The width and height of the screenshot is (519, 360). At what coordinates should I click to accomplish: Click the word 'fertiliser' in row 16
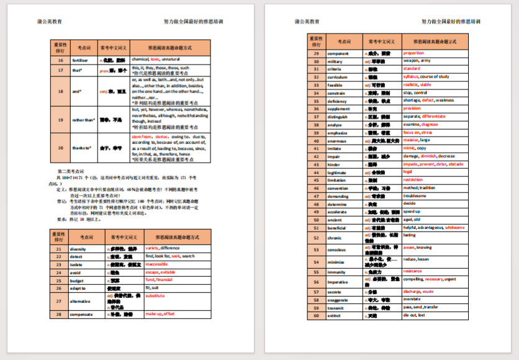point(80,60)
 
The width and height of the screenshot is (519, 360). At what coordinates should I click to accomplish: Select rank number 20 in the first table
point(60,148)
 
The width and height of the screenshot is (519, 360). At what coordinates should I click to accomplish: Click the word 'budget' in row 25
point(77,280)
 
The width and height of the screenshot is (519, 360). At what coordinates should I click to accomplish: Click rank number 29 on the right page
point(316,53)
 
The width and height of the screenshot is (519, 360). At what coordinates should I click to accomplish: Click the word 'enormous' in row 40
point(337,140)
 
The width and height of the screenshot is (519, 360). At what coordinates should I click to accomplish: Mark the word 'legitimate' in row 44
point(338,172)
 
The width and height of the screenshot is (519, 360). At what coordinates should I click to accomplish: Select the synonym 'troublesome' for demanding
point(415,196)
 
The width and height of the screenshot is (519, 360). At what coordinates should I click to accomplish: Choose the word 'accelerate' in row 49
point(338,211)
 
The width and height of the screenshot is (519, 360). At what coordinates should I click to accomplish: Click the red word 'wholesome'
point(454,227)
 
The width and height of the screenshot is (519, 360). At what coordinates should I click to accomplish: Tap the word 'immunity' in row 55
point(336,272)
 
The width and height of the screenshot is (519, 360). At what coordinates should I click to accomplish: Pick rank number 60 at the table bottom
point(316,315)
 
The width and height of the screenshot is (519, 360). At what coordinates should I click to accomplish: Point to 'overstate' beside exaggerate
point(412,299)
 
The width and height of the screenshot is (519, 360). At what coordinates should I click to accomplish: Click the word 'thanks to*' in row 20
point(82,148)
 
